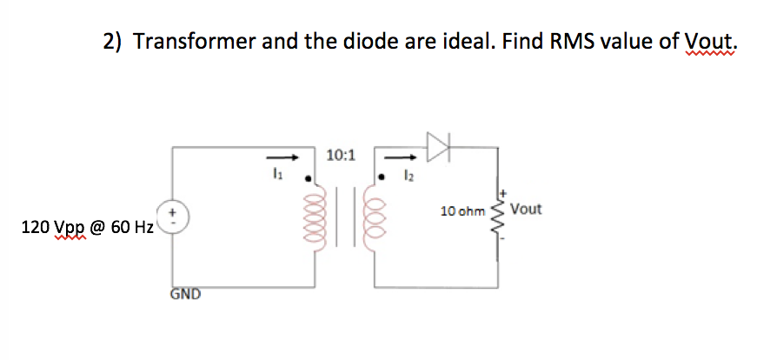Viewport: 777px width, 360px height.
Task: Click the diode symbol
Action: (x=438, y=147)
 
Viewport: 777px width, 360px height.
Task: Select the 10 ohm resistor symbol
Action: (x=499, y=223)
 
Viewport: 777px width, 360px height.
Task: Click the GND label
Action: (x=185, y=294)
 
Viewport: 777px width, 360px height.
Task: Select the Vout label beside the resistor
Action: (x=527, y=210)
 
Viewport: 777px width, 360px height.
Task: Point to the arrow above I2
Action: (x=401, y=158)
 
